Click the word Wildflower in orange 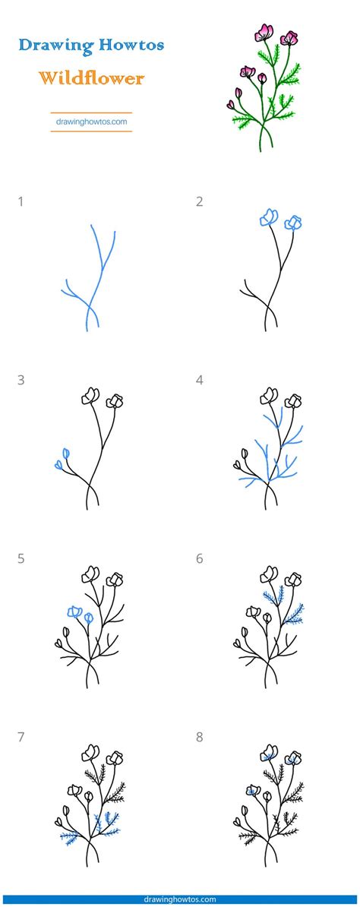pos(91,77)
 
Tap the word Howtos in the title pos(131,44)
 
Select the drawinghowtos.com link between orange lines pos(91,122)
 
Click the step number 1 pos(21,202)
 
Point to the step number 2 pos(200,202)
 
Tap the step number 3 pos(21,380)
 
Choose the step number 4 pos(200,380)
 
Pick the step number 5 pos(21,559)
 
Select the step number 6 pos(200,559)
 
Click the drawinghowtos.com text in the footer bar pos(180,899)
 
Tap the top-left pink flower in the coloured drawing pos(264,33)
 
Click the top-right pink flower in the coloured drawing pos(289,38)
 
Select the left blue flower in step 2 pos(269,217)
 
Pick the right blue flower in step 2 pos(294,222)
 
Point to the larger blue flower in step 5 pos(74,612)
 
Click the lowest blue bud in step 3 pos(58,464)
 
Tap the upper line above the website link pos(91,112)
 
